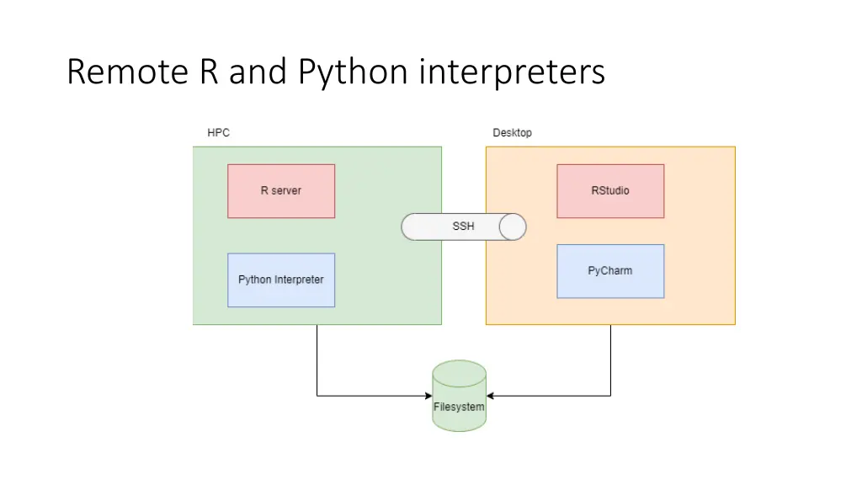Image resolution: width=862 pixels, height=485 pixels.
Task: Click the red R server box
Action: (281, 191)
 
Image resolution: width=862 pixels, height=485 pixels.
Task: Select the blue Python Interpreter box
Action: (281, 280)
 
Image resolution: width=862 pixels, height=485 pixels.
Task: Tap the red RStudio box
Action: (610, 191)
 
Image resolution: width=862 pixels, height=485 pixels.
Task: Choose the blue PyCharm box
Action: (610, 271)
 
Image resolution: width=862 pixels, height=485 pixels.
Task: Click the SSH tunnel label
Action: (463, 227)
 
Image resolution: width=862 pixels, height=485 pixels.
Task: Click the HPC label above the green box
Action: (218, 133)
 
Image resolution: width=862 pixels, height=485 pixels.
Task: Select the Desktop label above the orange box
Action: (512, 133)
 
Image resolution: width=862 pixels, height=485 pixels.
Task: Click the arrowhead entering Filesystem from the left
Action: (428, 395)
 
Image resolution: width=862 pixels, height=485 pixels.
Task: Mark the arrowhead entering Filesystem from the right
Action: (491, 395)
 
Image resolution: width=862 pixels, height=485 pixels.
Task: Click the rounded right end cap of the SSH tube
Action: (513, 227)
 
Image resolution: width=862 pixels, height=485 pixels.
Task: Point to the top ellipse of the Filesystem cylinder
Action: (459, 370)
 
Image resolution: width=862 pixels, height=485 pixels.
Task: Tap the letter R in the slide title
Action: (210, 72)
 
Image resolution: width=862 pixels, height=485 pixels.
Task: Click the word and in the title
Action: (258, 72)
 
